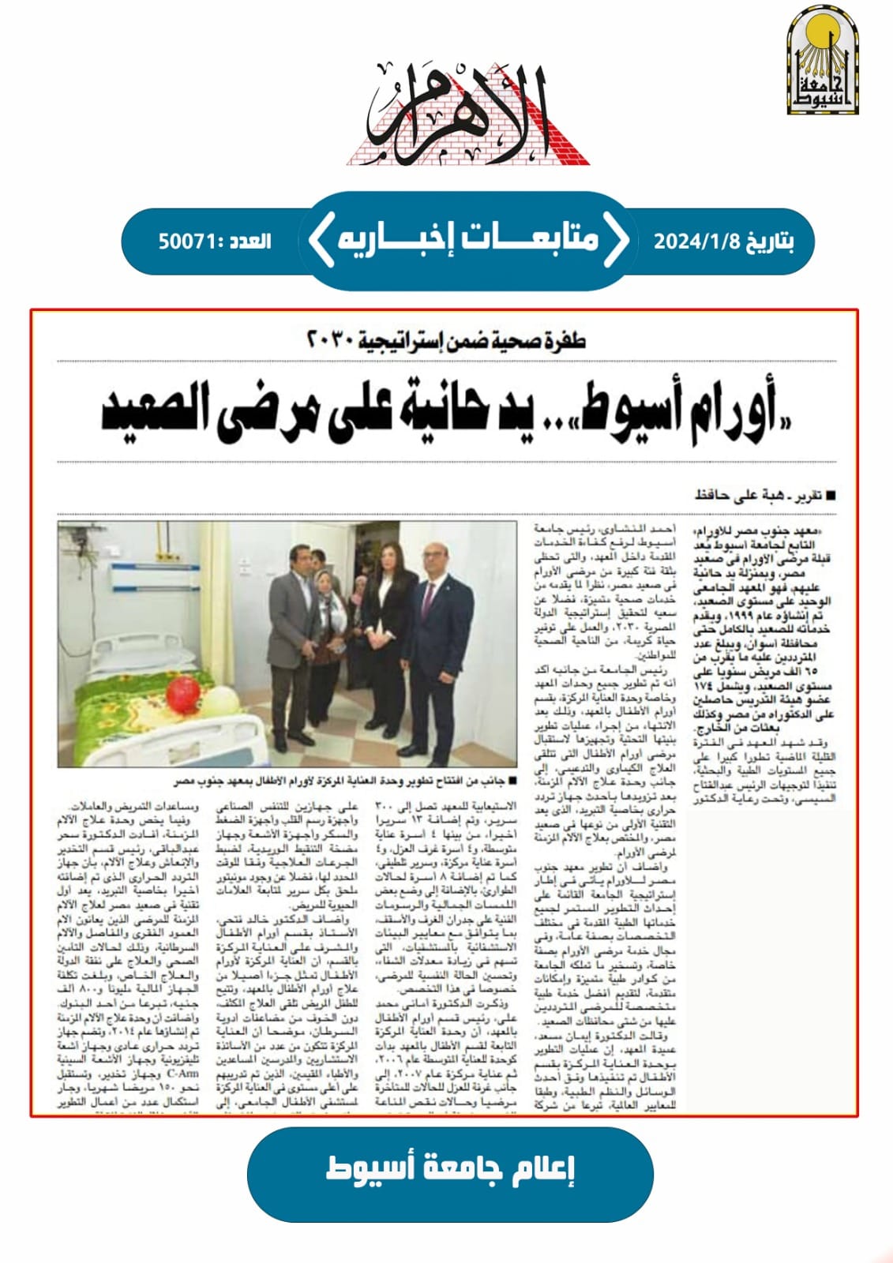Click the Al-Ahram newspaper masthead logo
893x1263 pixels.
[468, 112]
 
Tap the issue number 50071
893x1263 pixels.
[187, 241]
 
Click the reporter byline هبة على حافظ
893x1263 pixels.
[739, 496]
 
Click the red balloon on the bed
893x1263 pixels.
[182, 691]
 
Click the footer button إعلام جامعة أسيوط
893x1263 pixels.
[450, 1169]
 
